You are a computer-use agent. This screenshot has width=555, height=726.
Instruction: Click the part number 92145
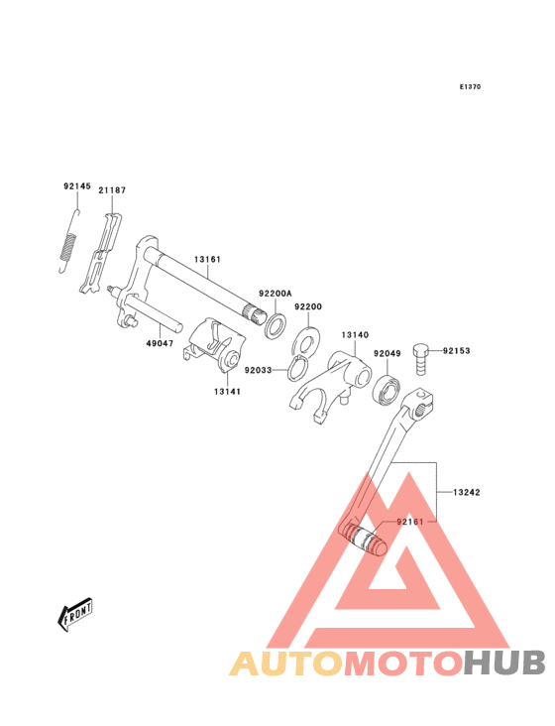[77, 186]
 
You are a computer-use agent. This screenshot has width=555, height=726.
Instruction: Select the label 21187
[112, 189]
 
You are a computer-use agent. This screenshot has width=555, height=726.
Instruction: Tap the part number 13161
[207, 259]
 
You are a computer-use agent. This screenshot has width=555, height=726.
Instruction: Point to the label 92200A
[276, 294]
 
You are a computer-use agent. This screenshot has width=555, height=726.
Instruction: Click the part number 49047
[160, 343]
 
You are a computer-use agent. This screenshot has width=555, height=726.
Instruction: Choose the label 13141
[227, 392]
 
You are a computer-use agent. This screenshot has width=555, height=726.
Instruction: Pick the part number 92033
[258, 370]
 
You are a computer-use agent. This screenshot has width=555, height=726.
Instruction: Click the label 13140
[355, 335]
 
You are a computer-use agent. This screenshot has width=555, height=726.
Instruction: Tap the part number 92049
[388, 354]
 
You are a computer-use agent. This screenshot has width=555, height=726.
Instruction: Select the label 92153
[457, 351]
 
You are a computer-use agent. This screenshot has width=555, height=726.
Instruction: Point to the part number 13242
[466, 492]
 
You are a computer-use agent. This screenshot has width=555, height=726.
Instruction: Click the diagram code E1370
[470, 86]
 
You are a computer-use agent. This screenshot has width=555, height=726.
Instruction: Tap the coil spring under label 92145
[68, 241]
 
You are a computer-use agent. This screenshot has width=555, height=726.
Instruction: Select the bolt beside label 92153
[421, 360]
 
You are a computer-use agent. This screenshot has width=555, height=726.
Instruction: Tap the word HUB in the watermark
[504, 663]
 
